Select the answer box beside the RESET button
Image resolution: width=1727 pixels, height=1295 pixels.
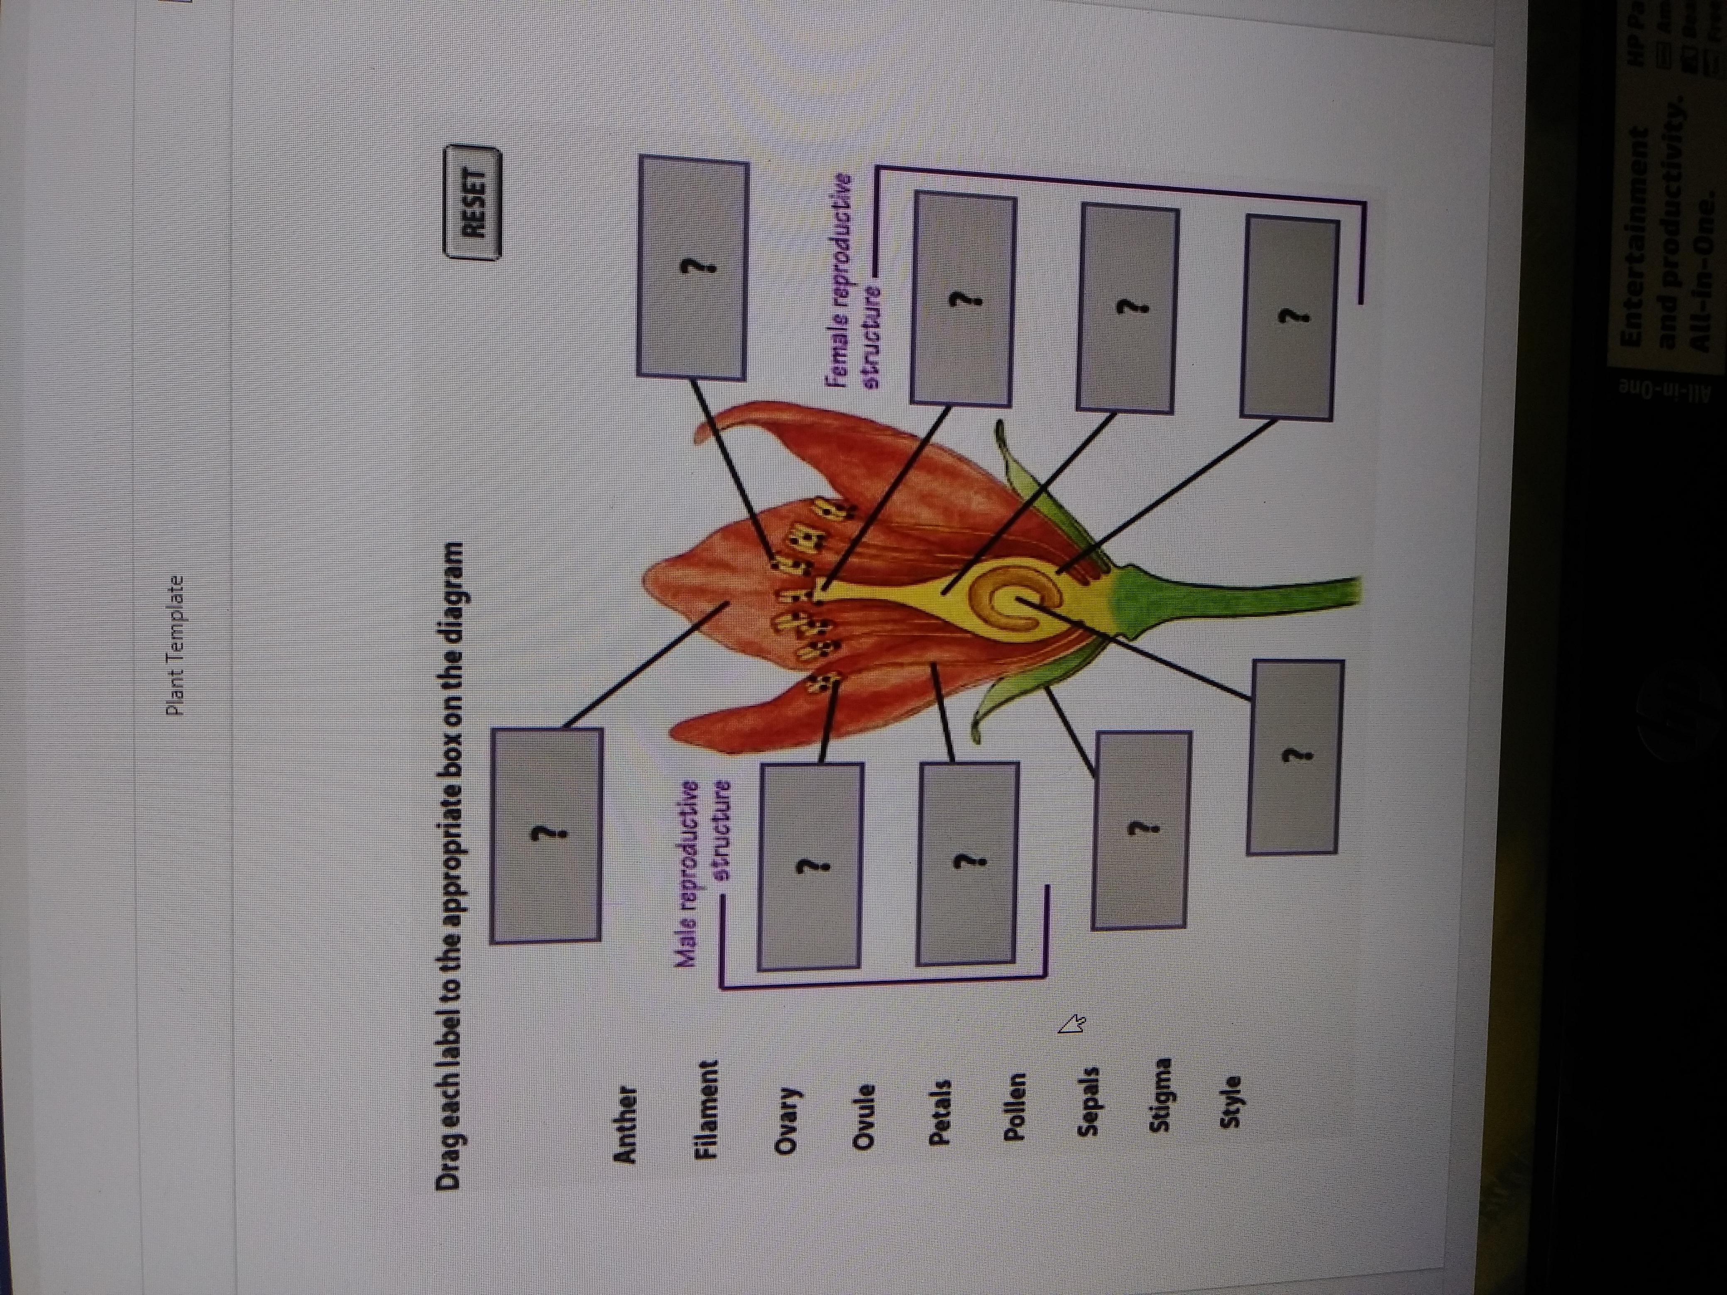point(692,268)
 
